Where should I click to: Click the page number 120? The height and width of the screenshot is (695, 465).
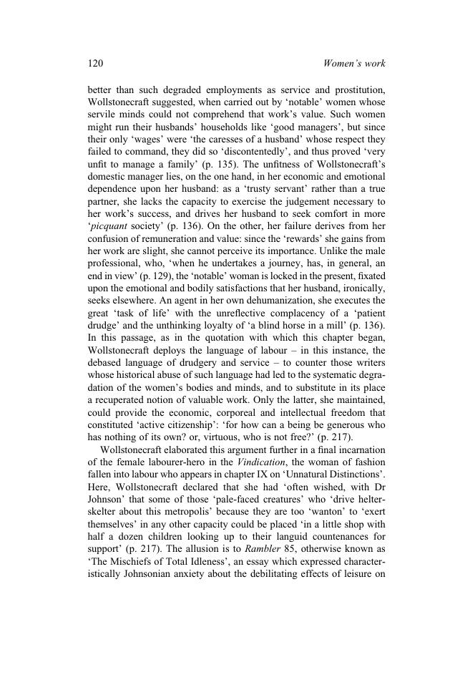95,64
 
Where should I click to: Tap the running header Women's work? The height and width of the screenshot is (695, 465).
354,64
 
